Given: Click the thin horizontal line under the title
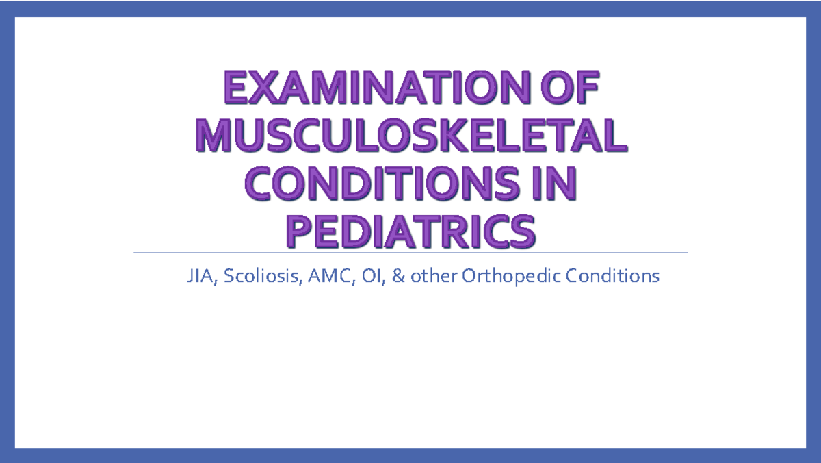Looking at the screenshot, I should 410,253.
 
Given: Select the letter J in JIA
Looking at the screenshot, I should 190,277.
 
